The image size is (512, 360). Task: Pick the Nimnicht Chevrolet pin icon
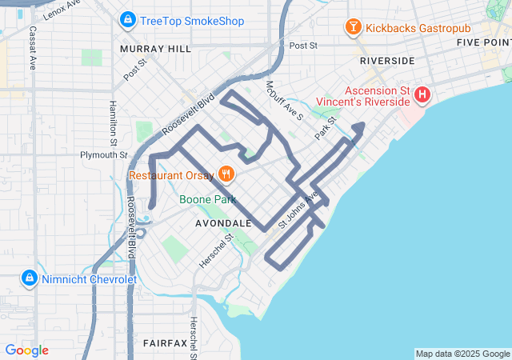(29, 278)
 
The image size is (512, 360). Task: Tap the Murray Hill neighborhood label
(155, 49)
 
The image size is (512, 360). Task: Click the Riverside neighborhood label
(387, 61)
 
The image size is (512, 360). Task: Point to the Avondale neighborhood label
(224, 224)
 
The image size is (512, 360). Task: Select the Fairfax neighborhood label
(165, 342)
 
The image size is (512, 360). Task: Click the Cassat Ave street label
(33, 47)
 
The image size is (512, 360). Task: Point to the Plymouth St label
(103, 154)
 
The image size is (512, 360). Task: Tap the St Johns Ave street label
(298, 210)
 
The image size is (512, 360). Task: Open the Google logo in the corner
(26, 350)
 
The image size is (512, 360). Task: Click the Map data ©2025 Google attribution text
(462, 354)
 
